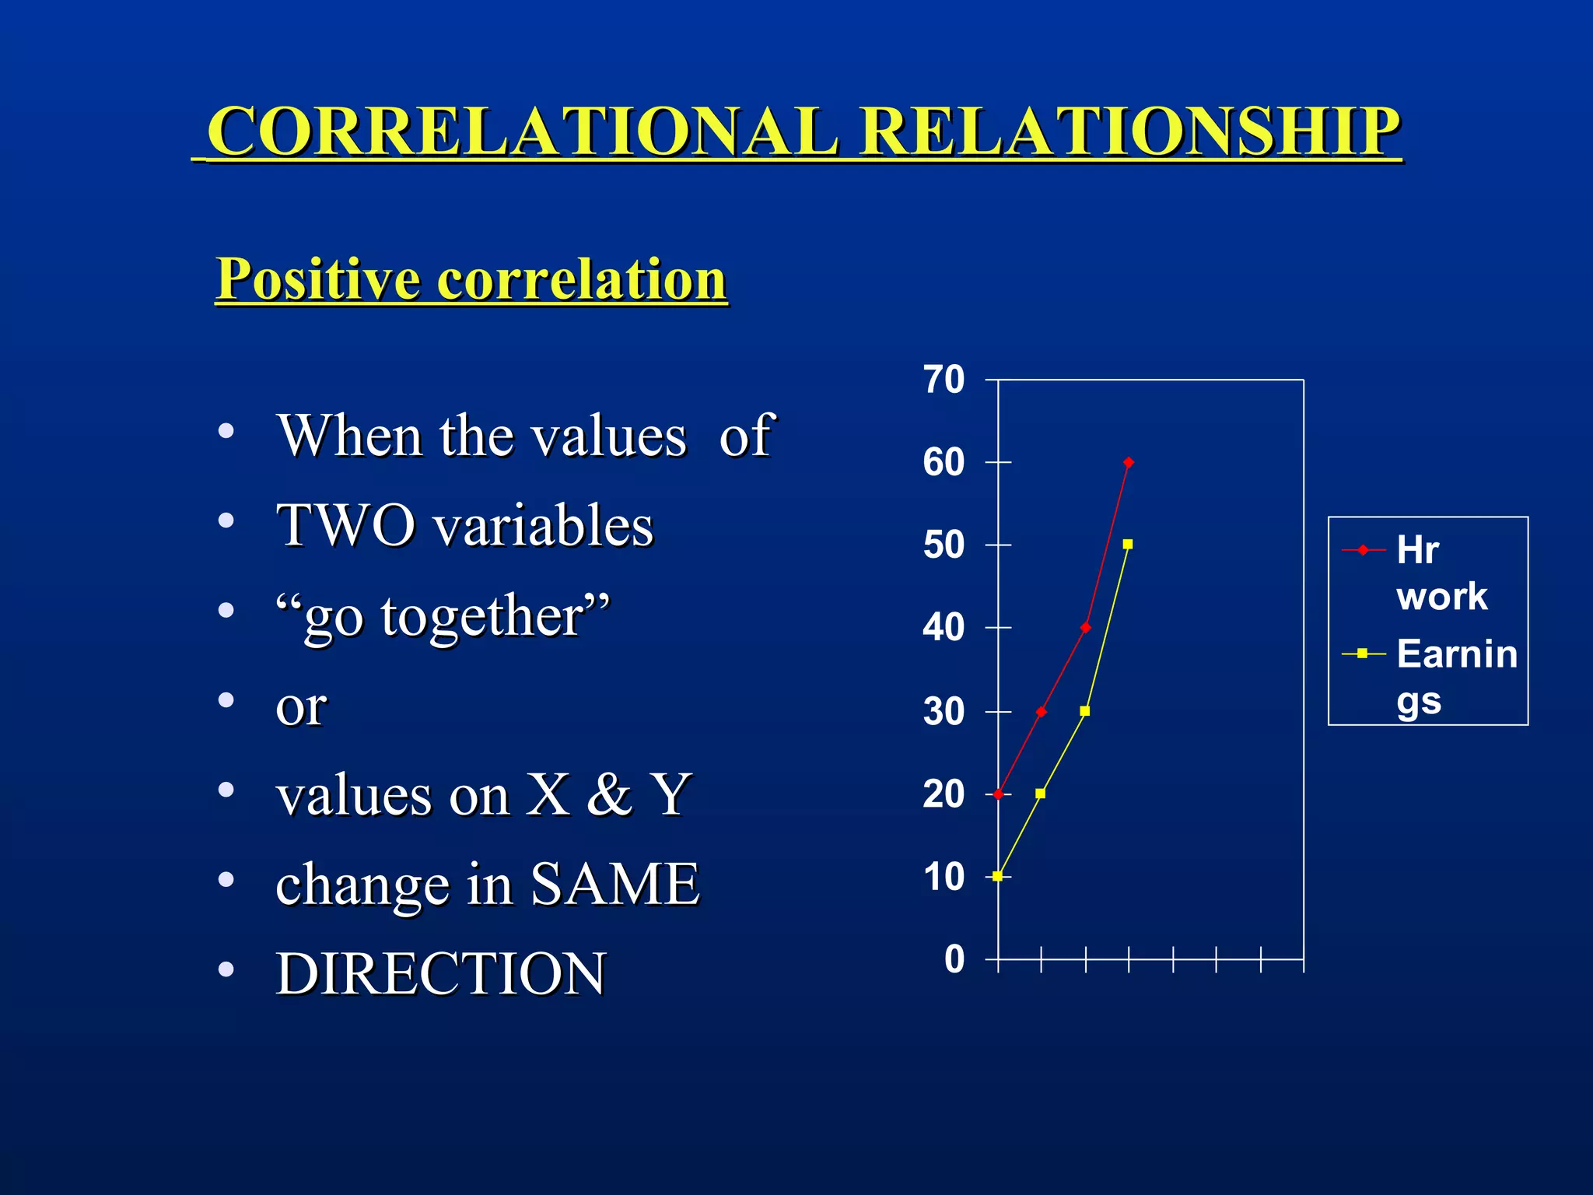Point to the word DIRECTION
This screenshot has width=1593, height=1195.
pos(441,973)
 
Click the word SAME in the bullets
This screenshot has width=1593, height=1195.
pos(614,884)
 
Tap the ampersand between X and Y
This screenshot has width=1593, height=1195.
pos(609,795)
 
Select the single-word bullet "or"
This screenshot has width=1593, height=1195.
pos(301,706)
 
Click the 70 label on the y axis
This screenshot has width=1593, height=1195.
pos(944,380)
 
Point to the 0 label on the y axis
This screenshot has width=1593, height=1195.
pos(954,959)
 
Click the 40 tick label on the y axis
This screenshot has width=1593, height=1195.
pos(944,627)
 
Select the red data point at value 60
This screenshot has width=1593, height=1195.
pos(1129,462)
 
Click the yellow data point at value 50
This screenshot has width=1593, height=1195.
pos(1128,544)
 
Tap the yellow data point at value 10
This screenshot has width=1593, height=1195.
pos(997,876)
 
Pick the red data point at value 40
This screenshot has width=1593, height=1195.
pos(1085,627)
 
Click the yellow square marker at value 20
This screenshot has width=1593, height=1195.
pos(1041,794)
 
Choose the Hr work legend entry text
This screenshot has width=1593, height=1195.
pos(1441,573)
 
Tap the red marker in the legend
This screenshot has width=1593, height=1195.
pos(1363,550)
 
